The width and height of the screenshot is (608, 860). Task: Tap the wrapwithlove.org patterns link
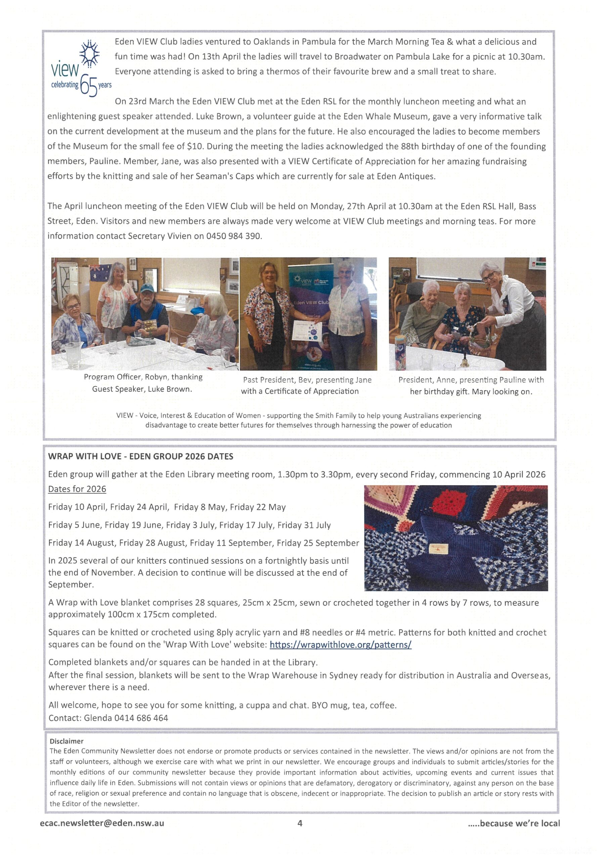tap(340, 644)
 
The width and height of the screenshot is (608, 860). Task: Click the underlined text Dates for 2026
tap(77, 489)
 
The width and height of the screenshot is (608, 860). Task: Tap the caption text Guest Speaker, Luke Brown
tap(142, 389)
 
